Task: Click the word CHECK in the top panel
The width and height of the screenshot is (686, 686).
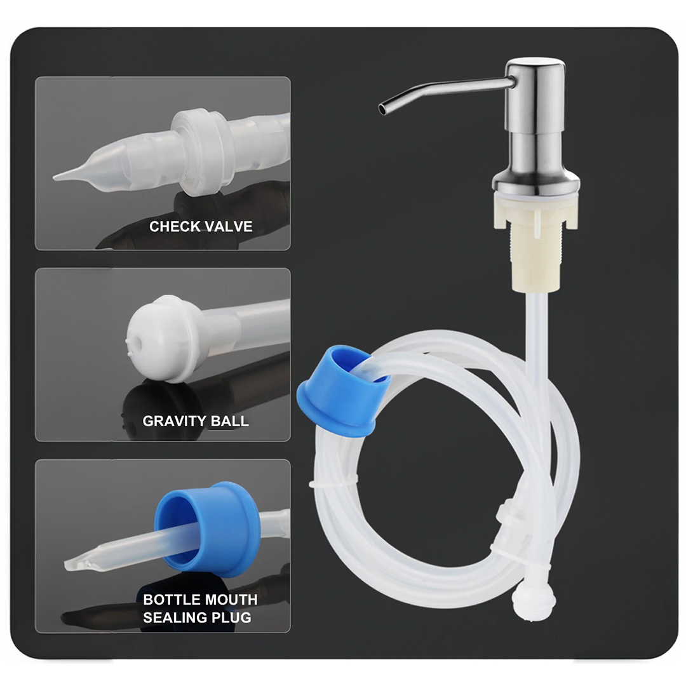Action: [173, 226]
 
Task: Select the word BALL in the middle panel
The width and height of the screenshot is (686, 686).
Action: [230, 421]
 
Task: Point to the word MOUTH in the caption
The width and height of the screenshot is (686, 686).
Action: [231, 600]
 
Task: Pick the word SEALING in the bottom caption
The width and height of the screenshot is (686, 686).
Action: [171, 617]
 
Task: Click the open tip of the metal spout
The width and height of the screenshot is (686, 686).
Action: [383, 109]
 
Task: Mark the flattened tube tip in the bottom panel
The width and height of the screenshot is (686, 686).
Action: [83, 563]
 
